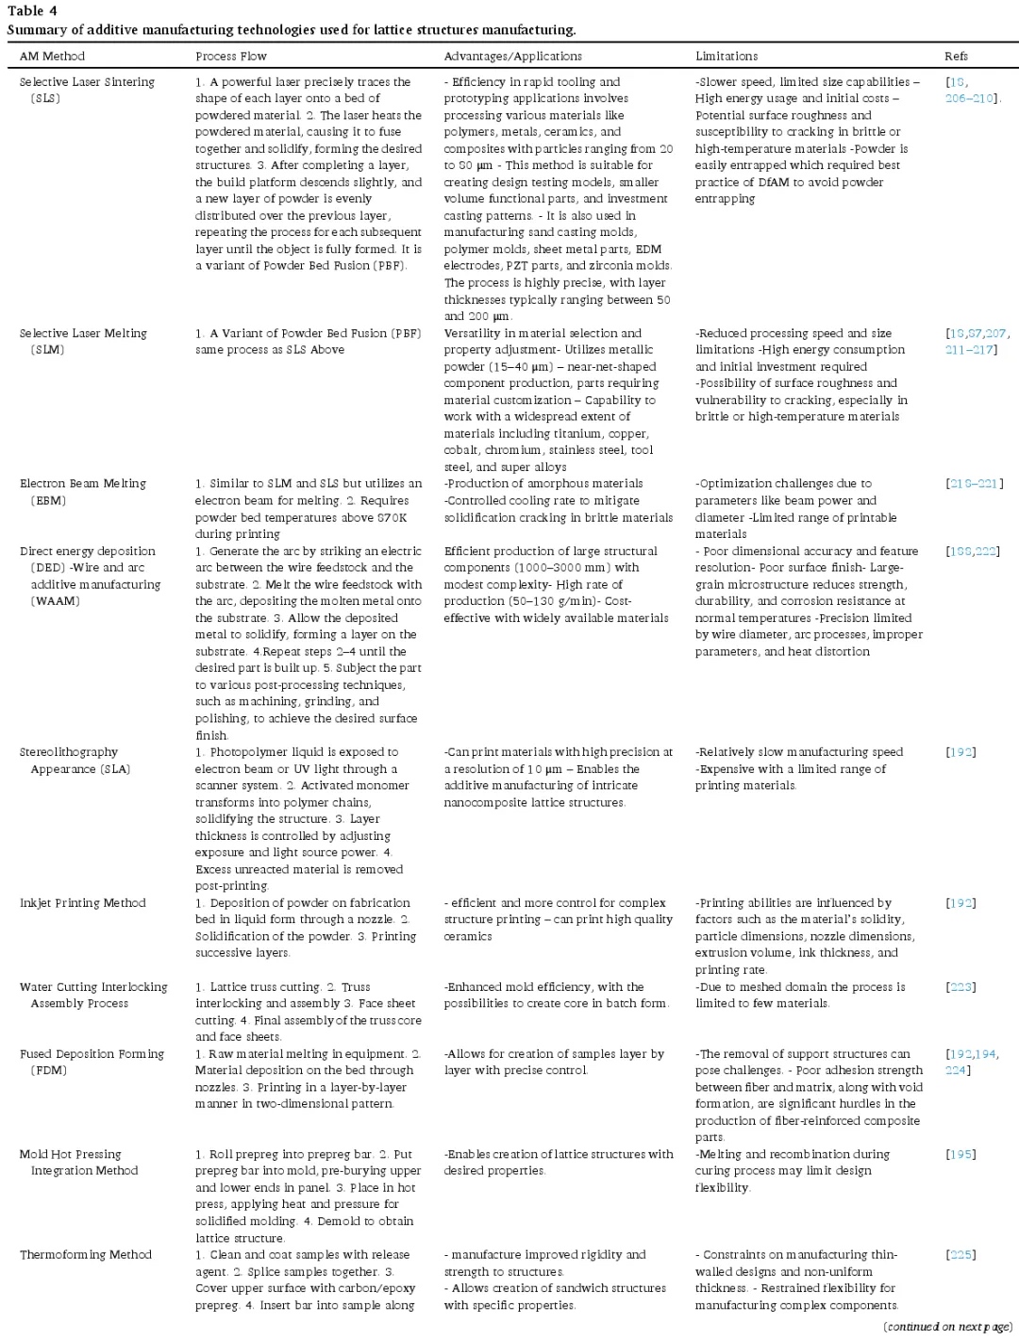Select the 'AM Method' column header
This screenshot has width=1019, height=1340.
(x=52, y=57)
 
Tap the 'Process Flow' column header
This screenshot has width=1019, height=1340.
(x=231, y=57)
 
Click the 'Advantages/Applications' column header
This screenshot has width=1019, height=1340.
(x=512, y=57)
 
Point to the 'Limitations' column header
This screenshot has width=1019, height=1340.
(x=727, y=57)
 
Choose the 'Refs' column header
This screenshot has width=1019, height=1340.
(x=956, y=57)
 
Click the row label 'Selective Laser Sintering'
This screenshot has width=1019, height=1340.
(x=87, y=82)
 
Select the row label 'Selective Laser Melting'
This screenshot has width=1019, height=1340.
(x=83, y=333)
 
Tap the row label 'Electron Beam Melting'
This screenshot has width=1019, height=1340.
(x=83, y=484)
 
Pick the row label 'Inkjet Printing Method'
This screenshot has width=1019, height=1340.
(x=83, y=903)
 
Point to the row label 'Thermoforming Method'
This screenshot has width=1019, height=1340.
(x=86, y=1255)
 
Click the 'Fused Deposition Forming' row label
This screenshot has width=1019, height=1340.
(x=92, y=1054)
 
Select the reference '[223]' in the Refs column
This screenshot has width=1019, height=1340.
(x=961, y=987)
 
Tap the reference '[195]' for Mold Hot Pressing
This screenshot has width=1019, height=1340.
(x=961, y=1154)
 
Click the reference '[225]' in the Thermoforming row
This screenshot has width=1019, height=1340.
(x=961, y=1255)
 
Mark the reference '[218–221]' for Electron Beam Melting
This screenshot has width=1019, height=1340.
(x=975, y=484)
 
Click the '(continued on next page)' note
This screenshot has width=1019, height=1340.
(x=947, y=1327)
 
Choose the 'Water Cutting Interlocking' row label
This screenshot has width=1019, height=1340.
(x=93, y=987)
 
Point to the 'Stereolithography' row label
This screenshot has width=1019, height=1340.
(x=69, y=752)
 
